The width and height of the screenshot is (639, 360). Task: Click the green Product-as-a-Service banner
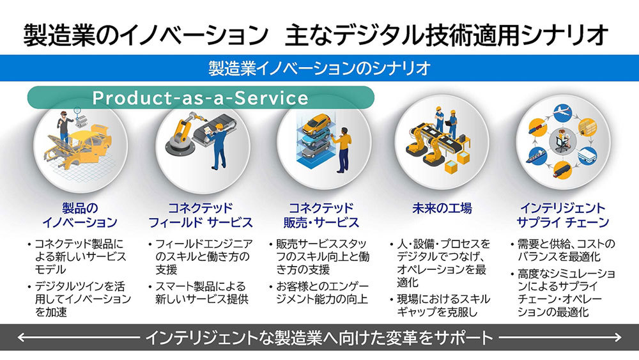[201, 97]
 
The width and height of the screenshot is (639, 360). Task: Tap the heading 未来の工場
[442, 208]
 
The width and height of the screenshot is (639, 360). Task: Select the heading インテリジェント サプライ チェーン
[563, 215]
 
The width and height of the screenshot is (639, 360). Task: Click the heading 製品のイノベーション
[80, 215]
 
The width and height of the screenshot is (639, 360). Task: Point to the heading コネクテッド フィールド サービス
[201, 215]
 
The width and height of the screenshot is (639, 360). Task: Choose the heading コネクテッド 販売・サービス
[321, 215]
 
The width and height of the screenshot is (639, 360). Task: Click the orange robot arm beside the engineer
[183, 130]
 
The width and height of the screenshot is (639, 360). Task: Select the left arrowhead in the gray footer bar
[21, 337]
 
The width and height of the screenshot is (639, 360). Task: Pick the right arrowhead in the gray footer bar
[617, 337]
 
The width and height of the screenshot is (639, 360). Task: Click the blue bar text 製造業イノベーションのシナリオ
[319, 68]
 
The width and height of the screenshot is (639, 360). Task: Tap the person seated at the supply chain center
[562, 141]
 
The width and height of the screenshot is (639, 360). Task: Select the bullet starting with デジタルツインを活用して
[80, 299]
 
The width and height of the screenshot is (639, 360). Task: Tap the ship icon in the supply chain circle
[535, 156]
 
